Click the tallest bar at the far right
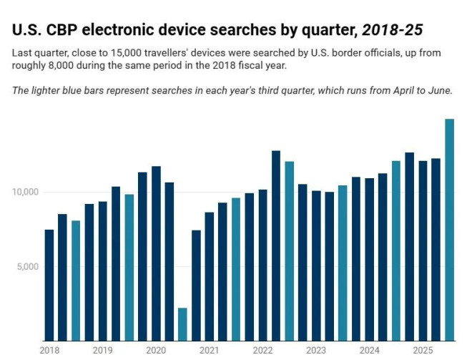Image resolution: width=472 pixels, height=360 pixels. (x=450, y=229)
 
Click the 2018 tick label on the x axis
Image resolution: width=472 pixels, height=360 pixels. (x=49, y=350)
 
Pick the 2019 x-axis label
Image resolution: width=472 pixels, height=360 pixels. (x=102, y=350)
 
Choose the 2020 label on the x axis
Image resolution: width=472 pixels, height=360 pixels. (x=156, y=350)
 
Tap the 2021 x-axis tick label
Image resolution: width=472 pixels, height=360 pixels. (x=210, y=350)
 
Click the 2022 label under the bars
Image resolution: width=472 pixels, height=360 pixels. (x=262, y=350)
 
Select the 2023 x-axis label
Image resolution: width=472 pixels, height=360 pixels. (x=316, y=350)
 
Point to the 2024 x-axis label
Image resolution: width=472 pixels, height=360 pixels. (x=370, y=350)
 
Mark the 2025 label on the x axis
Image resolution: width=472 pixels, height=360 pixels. (x=423, y=350)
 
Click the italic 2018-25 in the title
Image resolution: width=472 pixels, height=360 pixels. (x=393, y=30)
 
